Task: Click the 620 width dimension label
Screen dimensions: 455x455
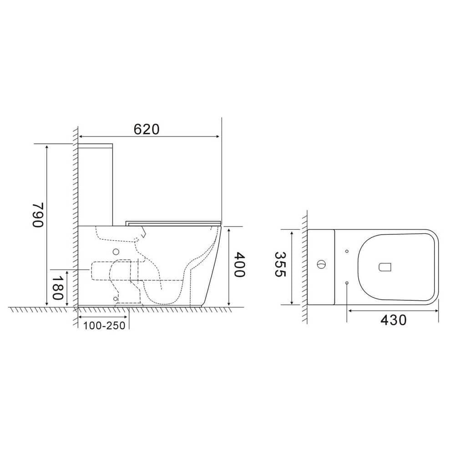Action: click(x=147, y=129)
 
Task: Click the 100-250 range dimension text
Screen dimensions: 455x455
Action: click(x=104, y=326)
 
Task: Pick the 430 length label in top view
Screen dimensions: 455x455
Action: click(x=393, y=320)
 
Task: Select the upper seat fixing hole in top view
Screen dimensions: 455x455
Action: click(x=347, y=251)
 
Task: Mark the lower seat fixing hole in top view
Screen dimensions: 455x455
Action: click(x=347, y=283)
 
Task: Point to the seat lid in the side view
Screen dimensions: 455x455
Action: click(x=173, y=222)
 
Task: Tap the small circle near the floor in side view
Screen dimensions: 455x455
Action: click(x=116, y=298)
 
